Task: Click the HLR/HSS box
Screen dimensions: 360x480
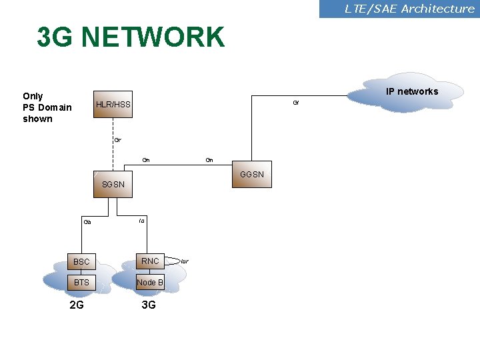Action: pyautogui.click(x=113, y=105)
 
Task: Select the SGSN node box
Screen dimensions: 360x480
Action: pyautogui.click(x=113, y=184)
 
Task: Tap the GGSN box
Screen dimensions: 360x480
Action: pyautogui.click(x=252, y=175)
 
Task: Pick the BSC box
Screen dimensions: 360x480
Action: pyautogui.click(x=81, y=261)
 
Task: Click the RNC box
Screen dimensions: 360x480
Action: pyautogui.click(x=150, y=261)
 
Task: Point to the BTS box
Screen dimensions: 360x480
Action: pyautogui.click(x=81, y=283)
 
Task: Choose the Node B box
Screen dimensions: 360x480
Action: pyautogui.click(x=150, y=283)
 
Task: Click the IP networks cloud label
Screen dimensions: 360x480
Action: pyautogui.click(x=412, y=91)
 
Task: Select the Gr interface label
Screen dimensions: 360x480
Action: pyautogui.click(x=117, y=140)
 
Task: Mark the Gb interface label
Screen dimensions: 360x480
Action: pyautogui.click(x=87, y=222)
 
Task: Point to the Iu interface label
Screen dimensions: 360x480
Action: pyautogui.click(x=142, y=220)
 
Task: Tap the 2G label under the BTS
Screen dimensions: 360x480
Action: pyautogui.click(x=77, y=305)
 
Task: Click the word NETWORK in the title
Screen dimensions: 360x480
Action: pyautogui.click(x=153, y=38)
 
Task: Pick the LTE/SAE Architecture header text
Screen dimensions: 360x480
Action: pyautogui.click(x=409, y=9)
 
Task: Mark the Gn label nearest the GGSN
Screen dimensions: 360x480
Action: pyautogui.click(x=209, y=160)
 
